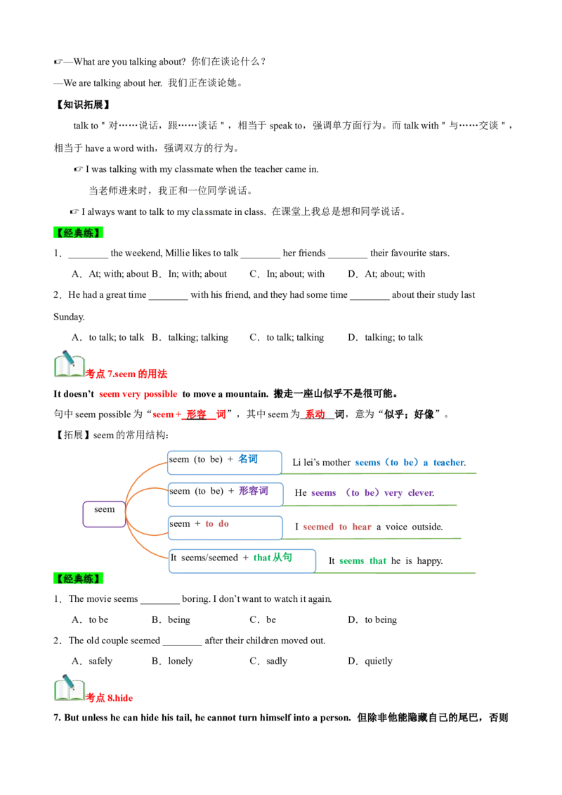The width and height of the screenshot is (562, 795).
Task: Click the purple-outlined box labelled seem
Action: (x=104, y=513)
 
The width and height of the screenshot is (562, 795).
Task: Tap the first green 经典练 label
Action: (x=78, y=233)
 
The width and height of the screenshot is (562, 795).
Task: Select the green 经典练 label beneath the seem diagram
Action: (x=78, y=578)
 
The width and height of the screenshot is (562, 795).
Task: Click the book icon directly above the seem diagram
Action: (x=69, y=365)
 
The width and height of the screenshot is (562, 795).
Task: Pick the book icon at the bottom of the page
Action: (x=69, y=689)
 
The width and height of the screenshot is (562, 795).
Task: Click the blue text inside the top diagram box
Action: (x=247, y=459)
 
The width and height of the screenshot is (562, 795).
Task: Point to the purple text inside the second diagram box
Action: (x=253, y=492)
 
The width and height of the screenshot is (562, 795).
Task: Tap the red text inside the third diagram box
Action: (x=216, y=523)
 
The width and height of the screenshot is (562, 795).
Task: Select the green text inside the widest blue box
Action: (x=272, y=557)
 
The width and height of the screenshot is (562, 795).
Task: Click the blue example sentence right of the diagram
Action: (x=410, y=461)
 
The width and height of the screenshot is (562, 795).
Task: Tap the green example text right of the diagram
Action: (x=362, y=560)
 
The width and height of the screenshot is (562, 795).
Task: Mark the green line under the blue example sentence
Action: (x=379, y=475)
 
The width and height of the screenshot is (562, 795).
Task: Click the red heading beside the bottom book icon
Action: (x=110, y=697)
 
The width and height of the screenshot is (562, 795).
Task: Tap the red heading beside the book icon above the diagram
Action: (x=127, y=374)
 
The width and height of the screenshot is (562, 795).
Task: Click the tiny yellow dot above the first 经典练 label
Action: (x=204, y=213)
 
